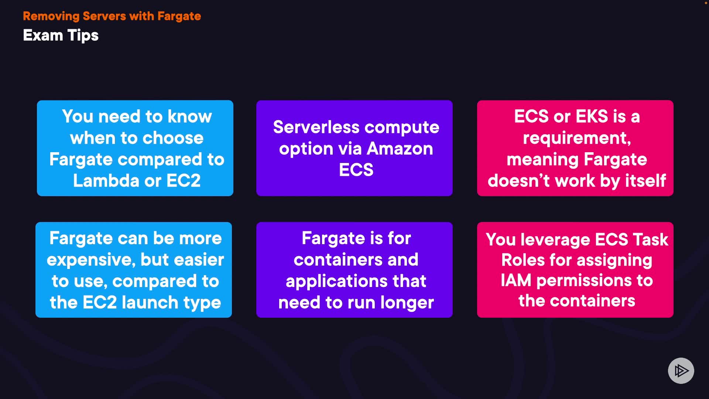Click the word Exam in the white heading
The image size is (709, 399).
(43, 35)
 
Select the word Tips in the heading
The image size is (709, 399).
(83, 36)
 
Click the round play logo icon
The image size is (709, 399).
(681, 371)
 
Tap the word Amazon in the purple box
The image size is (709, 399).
(400, 149)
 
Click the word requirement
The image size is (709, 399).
(576, 138)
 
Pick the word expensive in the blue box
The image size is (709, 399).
(91, 260)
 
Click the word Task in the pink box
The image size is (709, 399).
(650, 240)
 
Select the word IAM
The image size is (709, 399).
(516, 280)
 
